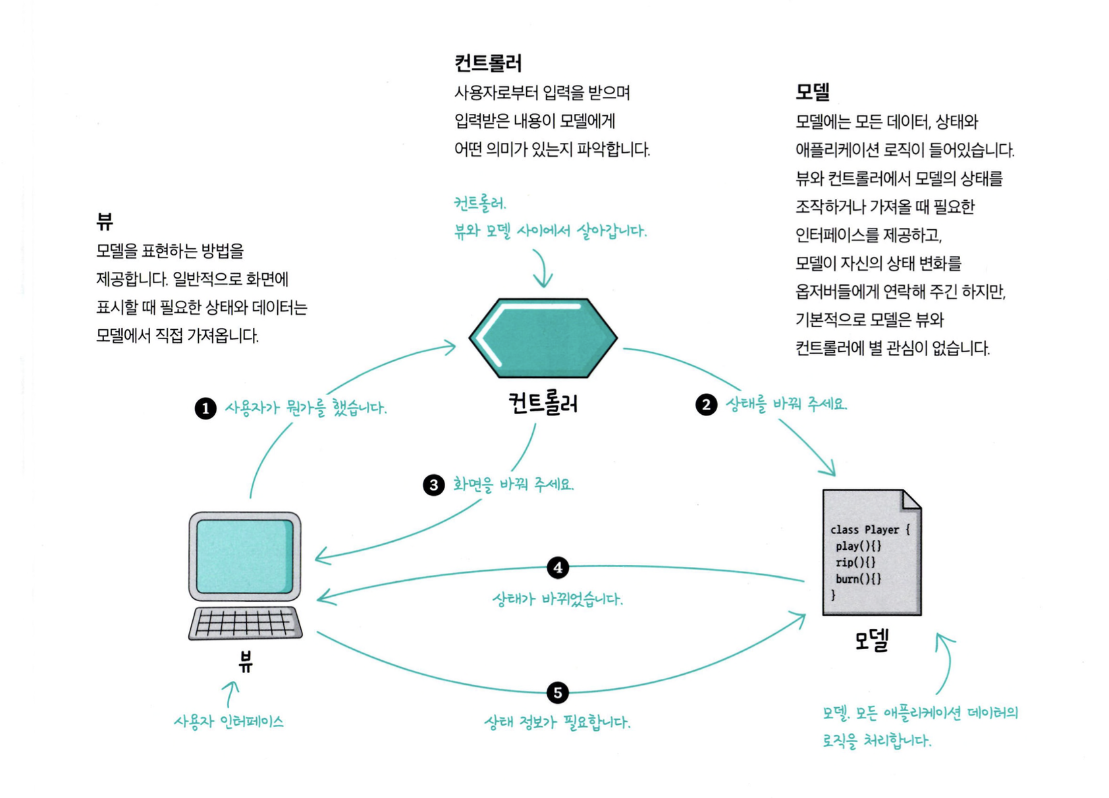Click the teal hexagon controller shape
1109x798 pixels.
pyautogui.click(x=543, y=338)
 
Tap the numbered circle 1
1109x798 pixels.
pyautogui.click(x=205, y=408)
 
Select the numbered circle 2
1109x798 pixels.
pyautogui.click(x=706, y=404)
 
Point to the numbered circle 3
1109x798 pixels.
pyautogui.click(x=433, y=485)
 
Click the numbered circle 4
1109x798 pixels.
pyautogui.click(x=558, y=568)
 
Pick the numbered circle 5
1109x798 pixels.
pyautogui.click(x=558, y=693)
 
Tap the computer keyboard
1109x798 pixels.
pyautogui.click(x=245, y=622)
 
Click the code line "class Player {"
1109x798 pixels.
pyautogui.click(x=869, y=529)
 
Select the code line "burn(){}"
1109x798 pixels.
pyautogui.click(x=857, y=579)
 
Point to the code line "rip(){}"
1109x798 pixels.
pyautogui.click(x=855, y=562)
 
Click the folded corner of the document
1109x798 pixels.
pyautogui.click(x=911, y=500)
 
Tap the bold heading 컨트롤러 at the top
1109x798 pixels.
pyautogui.click(x=488, y=63)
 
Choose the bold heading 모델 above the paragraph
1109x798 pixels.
pyautogui.click(x=812, y=92)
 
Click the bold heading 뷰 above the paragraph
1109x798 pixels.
pyautogui.click(x=105, y=221)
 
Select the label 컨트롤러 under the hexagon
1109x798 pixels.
pyautogui.click(x=543, y=403)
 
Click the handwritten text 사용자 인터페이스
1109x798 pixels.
pyautogui.click(x=229, y=722)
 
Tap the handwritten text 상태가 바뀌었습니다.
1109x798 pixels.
pyautogui.click(x=557, y=599)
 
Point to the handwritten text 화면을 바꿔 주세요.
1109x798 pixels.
pyautogui.click(x=513, y=485)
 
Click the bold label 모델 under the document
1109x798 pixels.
pyautogui.click(x=871, y=640)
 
